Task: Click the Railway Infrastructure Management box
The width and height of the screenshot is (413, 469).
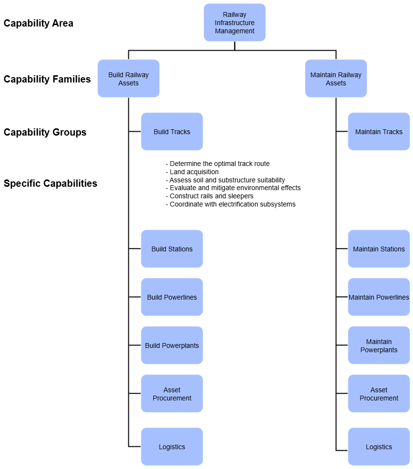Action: pyautogui.click(x=234, y=23)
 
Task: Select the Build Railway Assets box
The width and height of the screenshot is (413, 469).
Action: pyautogui.click(x=128, y=79)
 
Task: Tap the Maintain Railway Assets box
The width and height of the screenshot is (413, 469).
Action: pyautogui.click(x=336, y=79)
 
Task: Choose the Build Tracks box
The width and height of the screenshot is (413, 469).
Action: pyautogui.click(x=172, y=132)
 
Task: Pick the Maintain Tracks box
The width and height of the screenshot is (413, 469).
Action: pyautogui.click(x=379, y=132)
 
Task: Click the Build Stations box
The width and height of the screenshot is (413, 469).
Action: pyautogui.click(x=172, y=249)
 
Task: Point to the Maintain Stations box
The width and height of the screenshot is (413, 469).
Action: pyautogui.click(x=379, y=249)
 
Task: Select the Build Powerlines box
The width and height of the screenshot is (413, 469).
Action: pyautogui.click(x=172, y=297)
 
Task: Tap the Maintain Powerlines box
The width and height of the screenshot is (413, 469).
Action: pyautogui.click(x=379, y=297)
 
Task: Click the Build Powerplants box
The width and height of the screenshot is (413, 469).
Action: pyautogui.click(x=172, y=345)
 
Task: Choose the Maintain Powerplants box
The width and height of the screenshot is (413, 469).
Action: pyautogui.click(x=379, y=345)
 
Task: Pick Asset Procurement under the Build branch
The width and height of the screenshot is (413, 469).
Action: pyautogui.click(x=172, y=394)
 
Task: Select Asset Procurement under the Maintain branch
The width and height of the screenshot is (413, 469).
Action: pyautogui.click(x=379, y=394)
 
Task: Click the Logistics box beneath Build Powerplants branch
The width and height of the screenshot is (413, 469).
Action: pyautogui.click(x=172, y=447)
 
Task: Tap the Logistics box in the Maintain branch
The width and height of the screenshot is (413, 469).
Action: pyautogui.click(x=379, y=447)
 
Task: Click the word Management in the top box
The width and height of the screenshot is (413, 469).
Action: pyautogui.click(x=234, y=31)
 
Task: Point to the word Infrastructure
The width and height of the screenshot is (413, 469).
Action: pyautogui.click(x=234, y=23)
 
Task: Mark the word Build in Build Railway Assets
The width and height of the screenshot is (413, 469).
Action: pyautogui.click(x=116, y=75)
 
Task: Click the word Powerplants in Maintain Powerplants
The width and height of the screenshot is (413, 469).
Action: pyautogui.click(x=379, y=350)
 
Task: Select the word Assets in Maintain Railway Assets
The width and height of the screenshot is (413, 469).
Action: pyautogui.click(x=336, y=83)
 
